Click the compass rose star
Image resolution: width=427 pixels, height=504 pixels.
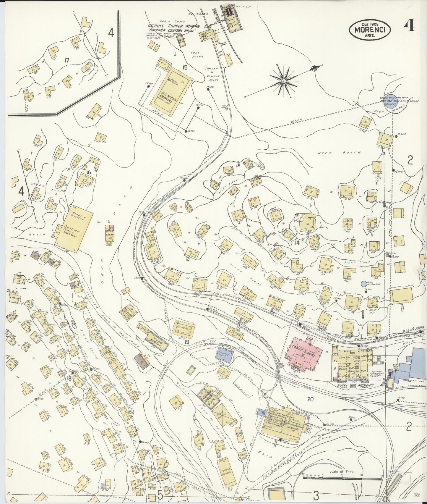pyautogui.click(x=283, y=81)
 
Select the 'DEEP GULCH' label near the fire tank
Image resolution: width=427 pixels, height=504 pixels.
pyautogui.click(x=340, y=153)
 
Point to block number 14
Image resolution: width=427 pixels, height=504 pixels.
pyautogui.click(x=297, y=243)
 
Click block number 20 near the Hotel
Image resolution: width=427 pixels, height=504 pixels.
pyautogui.click(x=310, y=399)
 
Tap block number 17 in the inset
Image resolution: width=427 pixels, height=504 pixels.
pyautogui.click(x=67, y=60)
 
